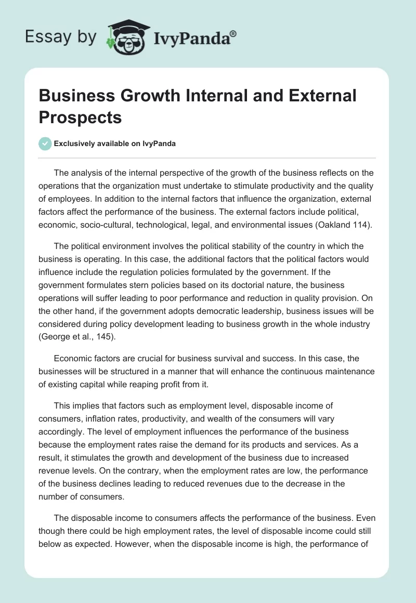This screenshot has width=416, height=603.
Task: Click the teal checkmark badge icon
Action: coord(45,143)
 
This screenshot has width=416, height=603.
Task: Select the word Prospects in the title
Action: coord(81,117)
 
